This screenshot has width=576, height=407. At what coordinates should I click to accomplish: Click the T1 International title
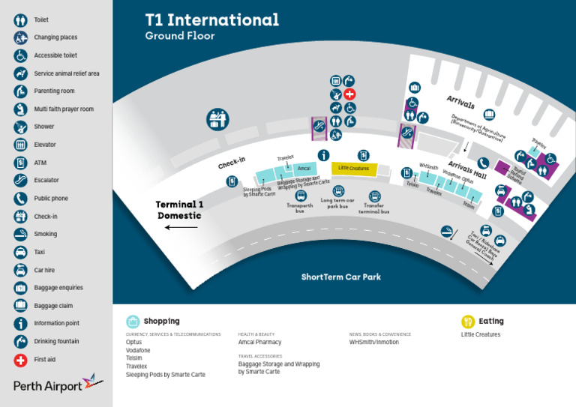[x=211, y=20]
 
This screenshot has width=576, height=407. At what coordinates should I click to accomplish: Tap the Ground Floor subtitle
[x=179, y=36]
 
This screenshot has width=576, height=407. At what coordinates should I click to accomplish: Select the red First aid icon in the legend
[x=20, y=360]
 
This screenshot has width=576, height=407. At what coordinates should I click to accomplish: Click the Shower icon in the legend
[x=20, y=127]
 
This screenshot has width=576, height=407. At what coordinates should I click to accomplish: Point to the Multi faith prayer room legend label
[x=64, y=109]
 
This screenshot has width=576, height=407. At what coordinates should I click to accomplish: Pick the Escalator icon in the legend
[x=20, y=181]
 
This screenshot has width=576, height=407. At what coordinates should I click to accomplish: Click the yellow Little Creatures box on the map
[x=354, y=169]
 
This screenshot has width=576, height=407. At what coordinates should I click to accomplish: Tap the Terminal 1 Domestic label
[x=179, y=210]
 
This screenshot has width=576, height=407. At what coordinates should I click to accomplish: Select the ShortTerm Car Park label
[x=340, y=277]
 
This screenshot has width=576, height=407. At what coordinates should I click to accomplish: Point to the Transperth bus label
[x=300, y=208]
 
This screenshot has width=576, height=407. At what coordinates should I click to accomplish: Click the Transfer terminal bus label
[x=373, y=208]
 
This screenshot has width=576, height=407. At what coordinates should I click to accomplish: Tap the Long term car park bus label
[x=338, y=203]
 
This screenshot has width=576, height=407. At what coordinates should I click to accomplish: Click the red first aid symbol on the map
[x=349, y=94]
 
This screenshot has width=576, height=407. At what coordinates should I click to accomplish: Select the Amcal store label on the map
[x=304, y=169]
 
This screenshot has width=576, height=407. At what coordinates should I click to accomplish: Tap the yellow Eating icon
[x=467, y=322]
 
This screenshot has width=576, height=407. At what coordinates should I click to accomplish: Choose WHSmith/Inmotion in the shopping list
[x=373, y=343]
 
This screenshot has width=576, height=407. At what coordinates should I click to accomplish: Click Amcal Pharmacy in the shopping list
[x=259, y=343]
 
